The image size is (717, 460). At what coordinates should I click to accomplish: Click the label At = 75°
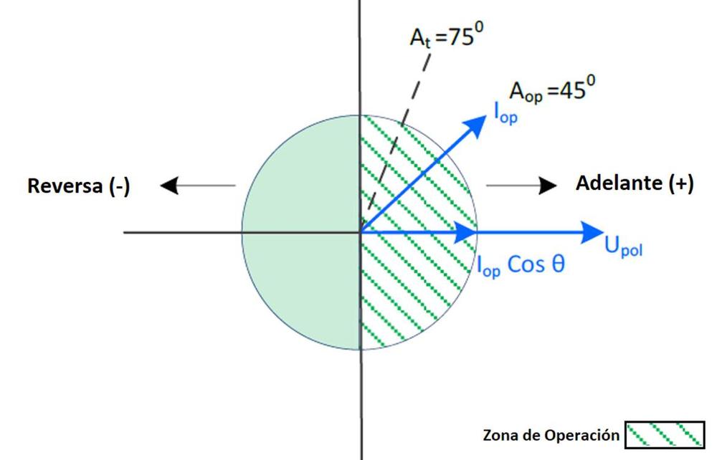coord(442,37)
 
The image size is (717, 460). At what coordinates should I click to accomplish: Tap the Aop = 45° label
coord(551,91)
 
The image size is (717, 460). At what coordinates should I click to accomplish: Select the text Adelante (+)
coord(635,183)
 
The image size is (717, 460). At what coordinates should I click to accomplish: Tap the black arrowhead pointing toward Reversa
coord(169,186)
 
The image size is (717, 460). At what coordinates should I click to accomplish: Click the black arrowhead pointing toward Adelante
coord(548,186)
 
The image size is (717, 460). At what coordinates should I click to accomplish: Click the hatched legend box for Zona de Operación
coord(664,435)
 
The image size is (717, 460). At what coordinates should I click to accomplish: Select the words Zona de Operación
coord(551,435)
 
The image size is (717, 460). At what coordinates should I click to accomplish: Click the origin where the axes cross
coord(360,231)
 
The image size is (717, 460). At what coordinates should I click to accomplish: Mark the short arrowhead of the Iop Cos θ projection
coord(468,231)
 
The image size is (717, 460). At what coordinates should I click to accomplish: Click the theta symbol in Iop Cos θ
coord(557,264)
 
